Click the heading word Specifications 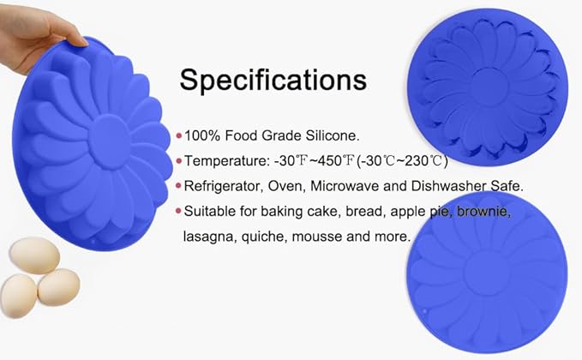[x=273, y=81]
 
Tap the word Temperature [x=225, y=160]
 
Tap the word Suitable [x=210, y=210]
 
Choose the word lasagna [x=207, y=235]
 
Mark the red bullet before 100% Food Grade [x=178, y=135]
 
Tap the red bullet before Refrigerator [x=178, y=185]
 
